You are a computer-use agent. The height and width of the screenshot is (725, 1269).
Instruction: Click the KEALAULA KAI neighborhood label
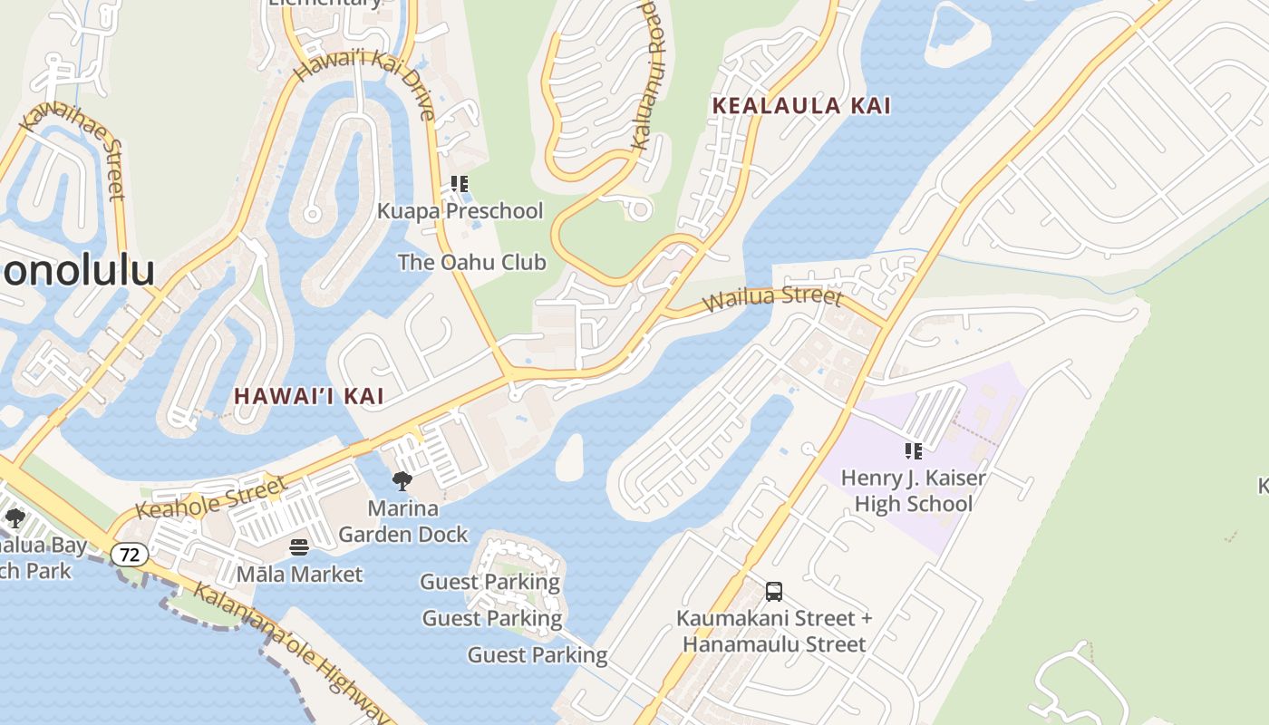[801, 106]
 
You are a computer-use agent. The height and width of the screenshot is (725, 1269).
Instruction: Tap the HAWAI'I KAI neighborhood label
[309, 396]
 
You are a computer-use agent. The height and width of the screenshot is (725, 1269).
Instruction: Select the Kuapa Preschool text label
[460, 211]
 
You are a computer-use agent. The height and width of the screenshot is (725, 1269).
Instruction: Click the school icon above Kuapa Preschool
[460, 184]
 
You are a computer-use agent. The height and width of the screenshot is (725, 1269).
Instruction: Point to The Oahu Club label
[472, 263]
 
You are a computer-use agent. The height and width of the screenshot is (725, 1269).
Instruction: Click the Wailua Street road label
[772, 298]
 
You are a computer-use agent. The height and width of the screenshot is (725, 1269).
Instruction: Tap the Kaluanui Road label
[644, 73]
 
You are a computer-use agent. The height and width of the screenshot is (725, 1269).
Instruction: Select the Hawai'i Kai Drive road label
[364, 84]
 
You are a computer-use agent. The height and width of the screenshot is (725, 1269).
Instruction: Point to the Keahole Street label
[211, 497]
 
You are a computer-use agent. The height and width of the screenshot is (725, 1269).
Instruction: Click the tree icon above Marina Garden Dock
[402, 481]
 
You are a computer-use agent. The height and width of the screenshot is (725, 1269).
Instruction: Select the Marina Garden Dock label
[403, 522]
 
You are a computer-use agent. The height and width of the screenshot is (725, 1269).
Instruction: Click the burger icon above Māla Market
[299, 547]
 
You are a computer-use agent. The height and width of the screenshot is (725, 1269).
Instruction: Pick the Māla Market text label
[299, 575]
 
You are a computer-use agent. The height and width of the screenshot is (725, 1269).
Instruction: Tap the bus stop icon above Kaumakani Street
[774, 592]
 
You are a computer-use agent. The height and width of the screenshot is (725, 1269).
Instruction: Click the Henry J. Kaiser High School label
[914, 490]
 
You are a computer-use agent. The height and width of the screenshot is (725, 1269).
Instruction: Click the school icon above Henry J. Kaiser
[914, 450]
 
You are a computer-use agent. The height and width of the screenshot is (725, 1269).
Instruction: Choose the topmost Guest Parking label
[490, 582]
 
